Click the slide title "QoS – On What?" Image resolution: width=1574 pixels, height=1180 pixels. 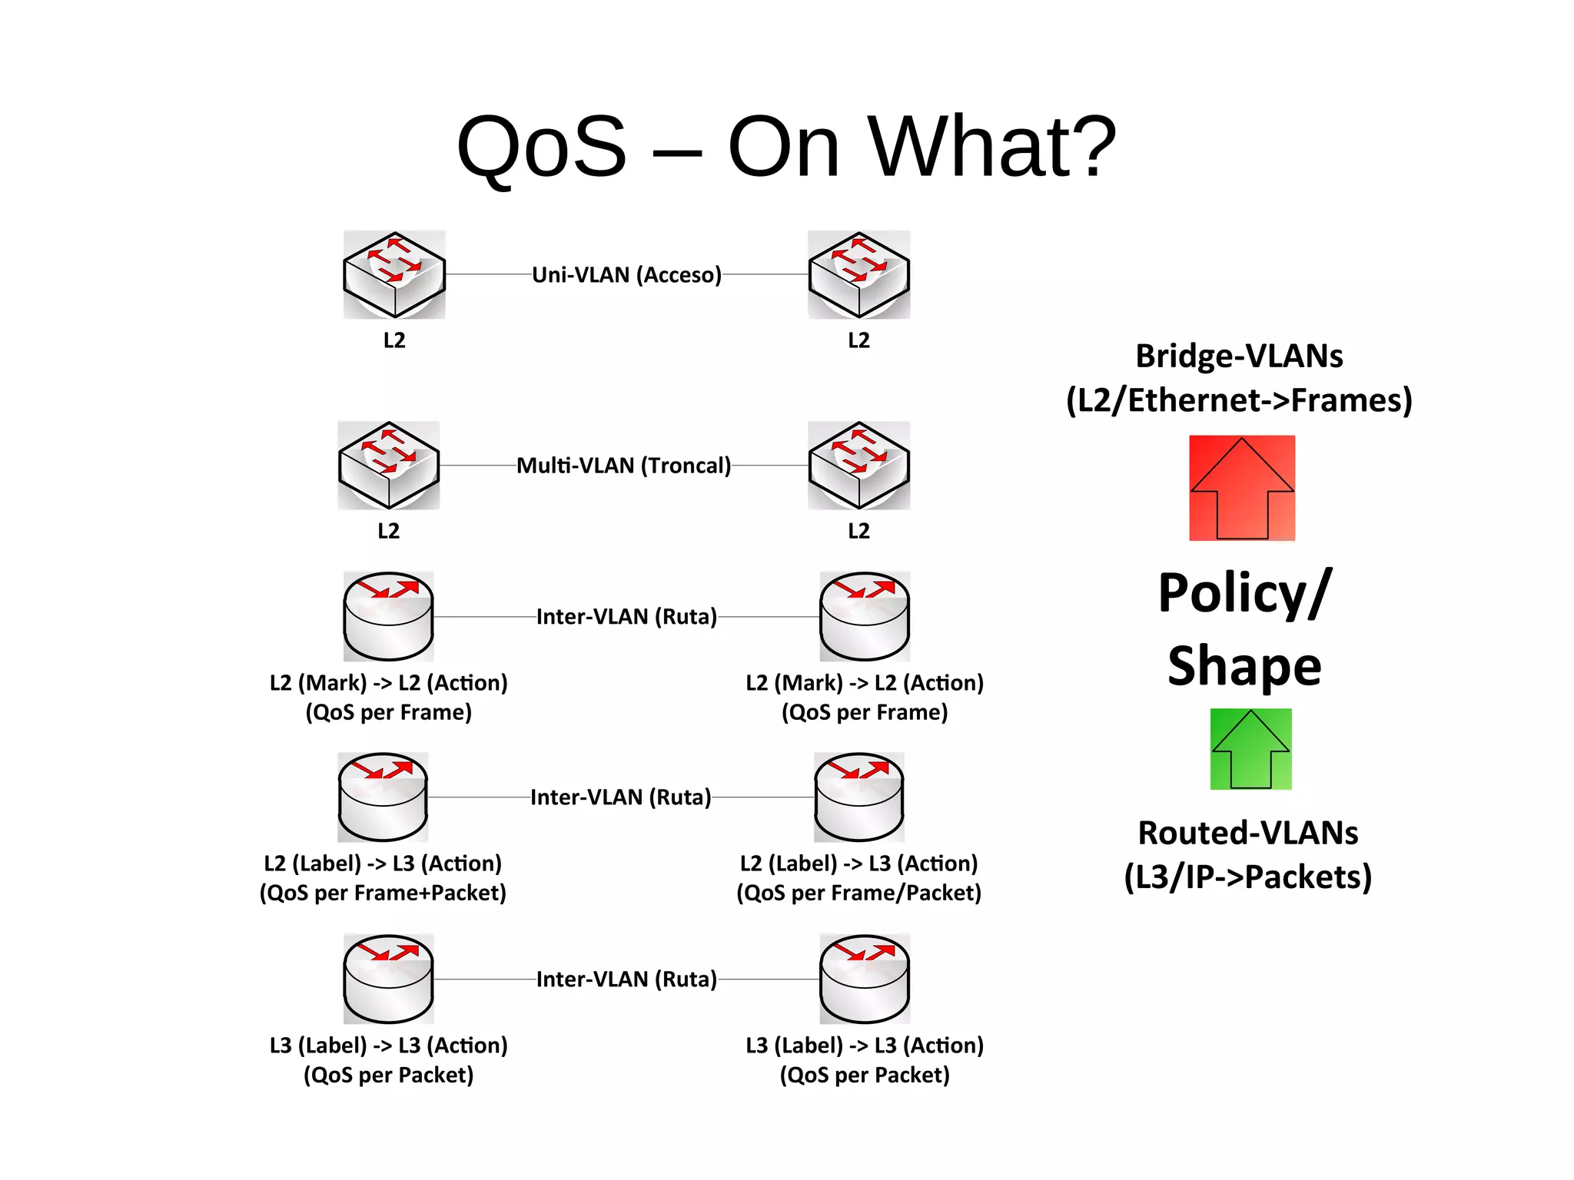pos(785,146)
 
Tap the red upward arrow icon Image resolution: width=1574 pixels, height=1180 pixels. pos(1242,488)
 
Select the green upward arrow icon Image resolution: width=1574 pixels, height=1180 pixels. pos(1250,749)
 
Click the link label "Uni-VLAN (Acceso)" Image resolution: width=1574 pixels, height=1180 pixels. pos(626,274)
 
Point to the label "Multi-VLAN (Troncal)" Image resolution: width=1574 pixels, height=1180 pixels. pos(623,465)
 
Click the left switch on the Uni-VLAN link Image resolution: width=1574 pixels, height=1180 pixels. pos(394,274)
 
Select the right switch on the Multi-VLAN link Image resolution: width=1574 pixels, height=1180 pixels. pos(858,465)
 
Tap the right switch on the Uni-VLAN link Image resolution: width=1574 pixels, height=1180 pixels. pos(858,274)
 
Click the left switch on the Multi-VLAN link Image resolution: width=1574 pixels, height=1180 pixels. pos(389,465)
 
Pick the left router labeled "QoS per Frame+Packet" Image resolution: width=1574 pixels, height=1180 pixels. pos(383,797)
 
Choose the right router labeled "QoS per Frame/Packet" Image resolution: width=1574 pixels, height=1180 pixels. pos(858,797)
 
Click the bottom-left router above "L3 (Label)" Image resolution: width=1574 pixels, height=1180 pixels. pos(388,979)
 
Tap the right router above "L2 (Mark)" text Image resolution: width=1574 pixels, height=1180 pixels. pos(865,616)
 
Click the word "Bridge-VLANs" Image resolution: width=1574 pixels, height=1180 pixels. pos(1239,356)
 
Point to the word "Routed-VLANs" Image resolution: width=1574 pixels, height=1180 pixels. pos(1247,833)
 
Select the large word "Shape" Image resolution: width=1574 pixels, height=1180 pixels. pos(1244,665)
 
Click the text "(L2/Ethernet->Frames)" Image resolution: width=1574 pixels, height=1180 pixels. pos(1239,400)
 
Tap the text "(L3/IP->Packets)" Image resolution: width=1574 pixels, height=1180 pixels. pos(1247,877)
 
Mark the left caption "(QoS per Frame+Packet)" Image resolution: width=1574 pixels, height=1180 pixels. pos(383,893)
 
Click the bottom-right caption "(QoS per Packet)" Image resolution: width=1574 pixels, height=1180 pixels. pos(865,1074)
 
